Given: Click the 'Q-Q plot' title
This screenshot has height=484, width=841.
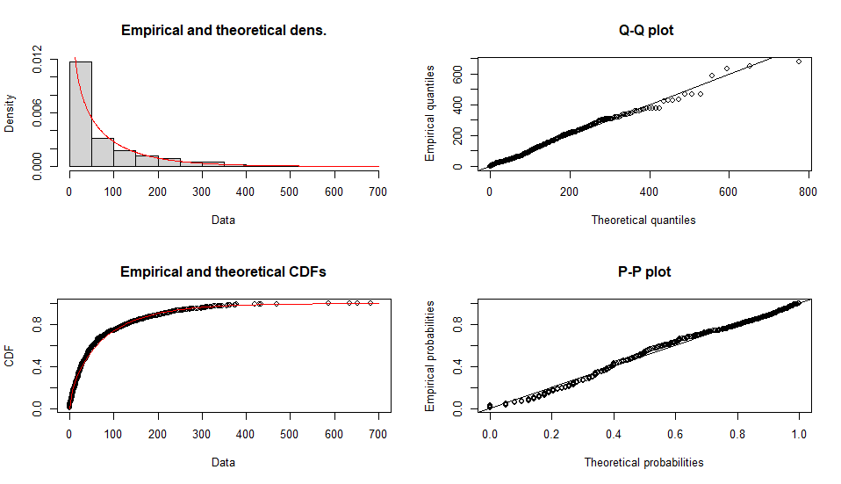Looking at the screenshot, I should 646,31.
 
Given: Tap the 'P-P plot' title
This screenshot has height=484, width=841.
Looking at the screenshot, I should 646,272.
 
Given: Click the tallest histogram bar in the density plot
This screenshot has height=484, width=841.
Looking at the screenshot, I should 81,113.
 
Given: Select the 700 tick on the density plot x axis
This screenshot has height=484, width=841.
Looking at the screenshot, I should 378,191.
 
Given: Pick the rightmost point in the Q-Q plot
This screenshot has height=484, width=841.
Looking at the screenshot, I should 799,61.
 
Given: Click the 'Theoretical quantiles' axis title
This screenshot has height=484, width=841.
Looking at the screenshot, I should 643,220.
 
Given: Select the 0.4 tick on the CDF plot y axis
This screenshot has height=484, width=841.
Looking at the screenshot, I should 37,368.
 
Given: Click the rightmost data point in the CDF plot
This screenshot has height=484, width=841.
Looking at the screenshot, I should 370,303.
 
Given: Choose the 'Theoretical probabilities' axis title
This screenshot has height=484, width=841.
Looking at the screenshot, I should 643,462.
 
